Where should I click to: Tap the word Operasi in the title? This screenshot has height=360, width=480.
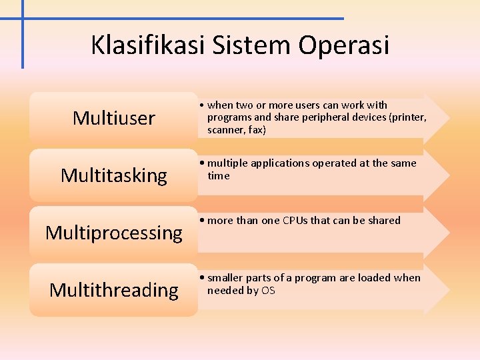(x=344, y=45)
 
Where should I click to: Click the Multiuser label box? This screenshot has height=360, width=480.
(x=113, y=118)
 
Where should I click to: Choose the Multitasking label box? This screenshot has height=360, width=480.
(x=113, y=175)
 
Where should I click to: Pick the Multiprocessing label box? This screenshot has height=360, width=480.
(x=113, y=233)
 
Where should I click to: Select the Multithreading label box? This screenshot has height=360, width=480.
(x=113, y=290)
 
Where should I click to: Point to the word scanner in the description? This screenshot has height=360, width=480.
(x=225, y=130)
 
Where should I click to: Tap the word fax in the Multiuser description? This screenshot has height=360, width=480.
(x=255, y=130)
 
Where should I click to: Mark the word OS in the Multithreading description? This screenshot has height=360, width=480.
(x=268, y=291)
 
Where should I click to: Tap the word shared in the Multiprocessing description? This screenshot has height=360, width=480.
(x=384, y=221)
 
